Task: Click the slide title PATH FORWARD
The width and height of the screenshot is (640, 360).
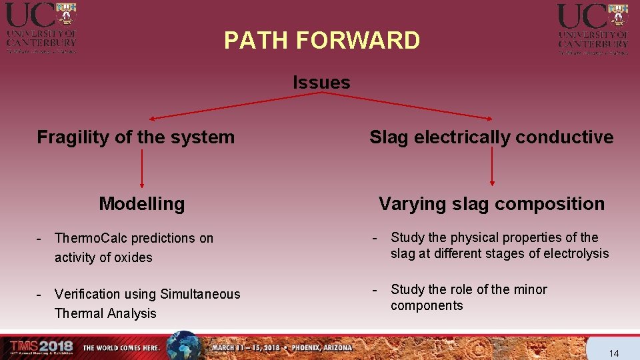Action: [322, 41]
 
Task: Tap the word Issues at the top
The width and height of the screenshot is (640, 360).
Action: [321, 83]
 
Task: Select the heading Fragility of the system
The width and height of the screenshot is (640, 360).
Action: [136, 137]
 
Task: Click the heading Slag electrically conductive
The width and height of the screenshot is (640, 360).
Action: [491, 137]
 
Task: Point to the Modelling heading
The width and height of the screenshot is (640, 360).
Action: [141, 203]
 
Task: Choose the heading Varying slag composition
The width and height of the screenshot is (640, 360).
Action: [491, 203]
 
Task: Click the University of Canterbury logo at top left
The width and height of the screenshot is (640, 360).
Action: [41, 27]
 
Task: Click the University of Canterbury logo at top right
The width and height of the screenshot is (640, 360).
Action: [593, 27]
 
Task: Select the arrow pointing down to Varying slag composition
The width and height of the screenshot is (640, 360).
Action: [492, 167]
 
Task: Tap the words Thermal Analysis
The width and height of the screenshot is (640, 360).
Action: [105, 313]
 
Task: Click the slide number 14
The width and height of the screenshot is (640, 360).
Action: [614, 353]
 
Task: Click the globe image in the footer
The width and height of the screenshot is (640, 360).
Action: [183, 345]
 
